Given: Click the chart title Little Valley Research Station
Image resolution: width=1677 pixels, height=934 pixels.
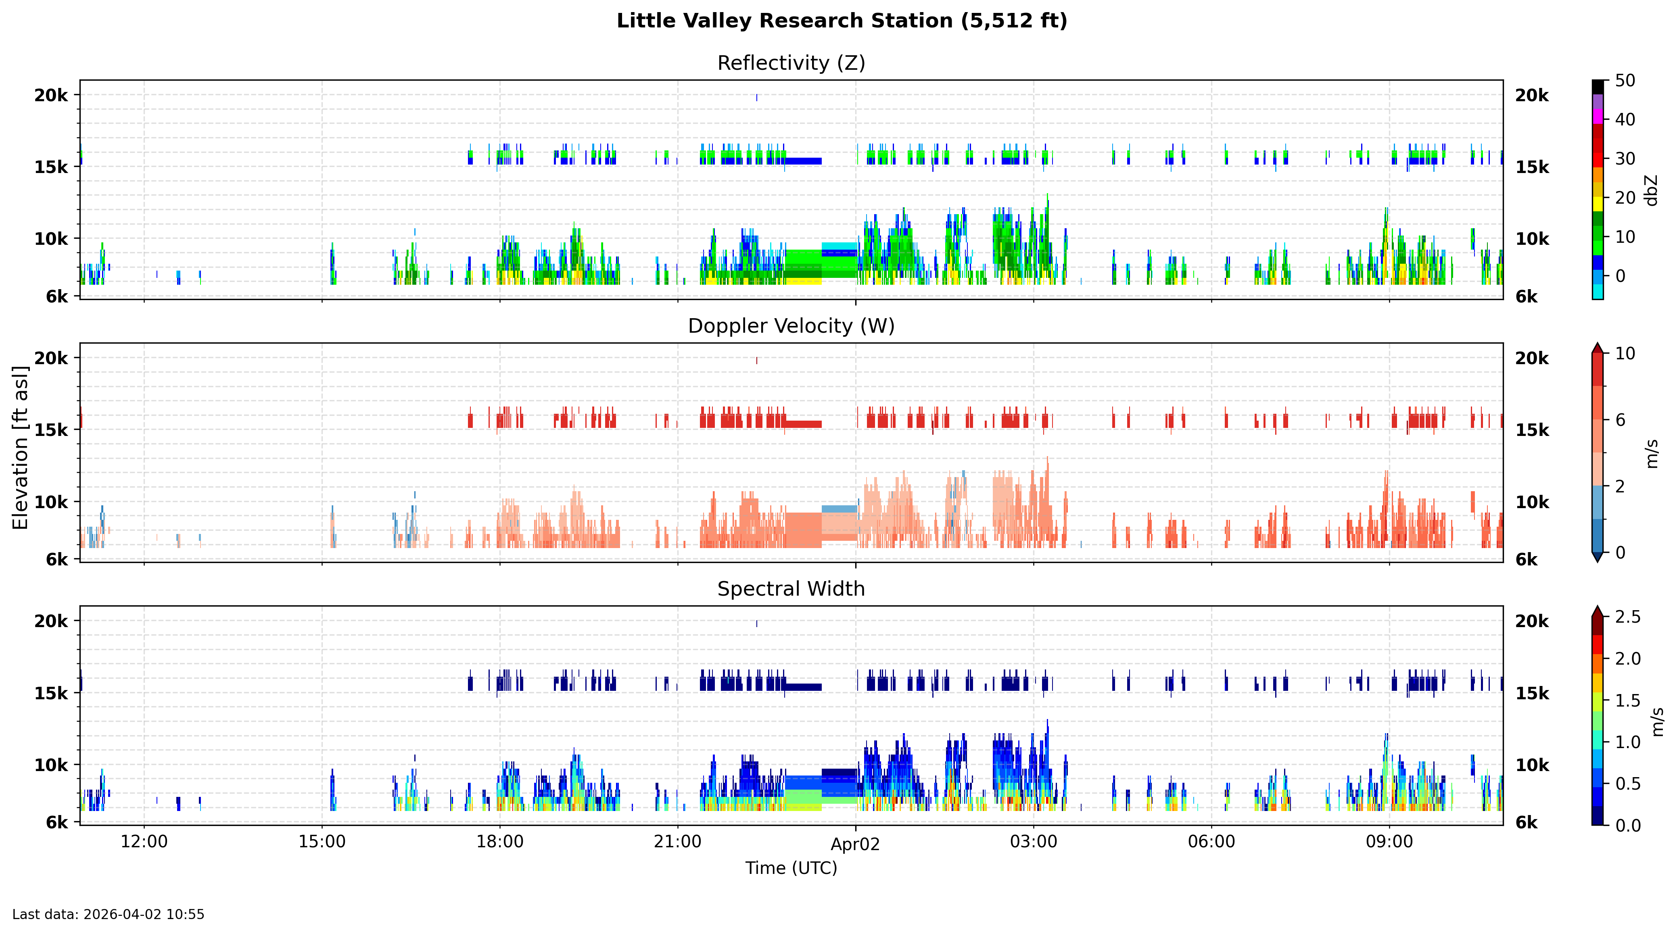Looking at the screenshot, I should (842, 21).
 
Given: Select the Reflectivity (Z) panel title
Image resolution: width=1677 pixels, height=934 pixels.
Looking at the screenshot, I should (791, 63).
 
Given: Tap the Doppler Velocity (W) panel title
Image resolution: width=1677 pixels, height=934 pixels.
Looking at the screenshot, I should (791, 326).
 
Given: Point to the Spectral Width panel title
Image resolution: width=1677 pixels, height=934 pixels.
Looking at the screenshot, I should (791, 589).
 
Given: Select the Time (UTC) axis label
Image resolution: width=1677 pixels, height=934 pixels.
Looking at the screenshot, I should (791, 868).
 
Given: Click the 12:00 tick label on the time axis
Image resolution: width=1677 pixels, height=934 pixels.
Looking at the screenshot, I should (144, 842).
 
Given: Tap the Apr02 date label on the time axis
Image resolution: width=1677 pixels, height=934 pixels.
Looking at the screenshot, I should (855, 845).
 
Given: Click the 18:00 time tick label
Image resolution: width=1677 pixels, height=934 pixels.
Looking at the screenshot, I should (499, 842).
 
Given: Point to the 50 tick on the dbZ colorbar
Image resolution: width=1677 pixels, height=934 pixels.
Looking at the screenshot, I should (1625, 81).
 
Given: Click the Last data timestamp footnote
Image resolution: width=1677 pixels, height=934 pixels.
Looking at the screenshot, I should (108, 915).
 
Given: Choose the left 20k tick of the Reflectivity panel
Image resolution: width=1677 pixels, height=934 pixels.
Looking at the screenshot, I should (51, 96).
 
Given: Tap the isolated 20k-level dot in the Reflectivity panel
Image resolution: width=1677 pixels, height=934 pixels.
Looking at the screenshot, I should (756, 98).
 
